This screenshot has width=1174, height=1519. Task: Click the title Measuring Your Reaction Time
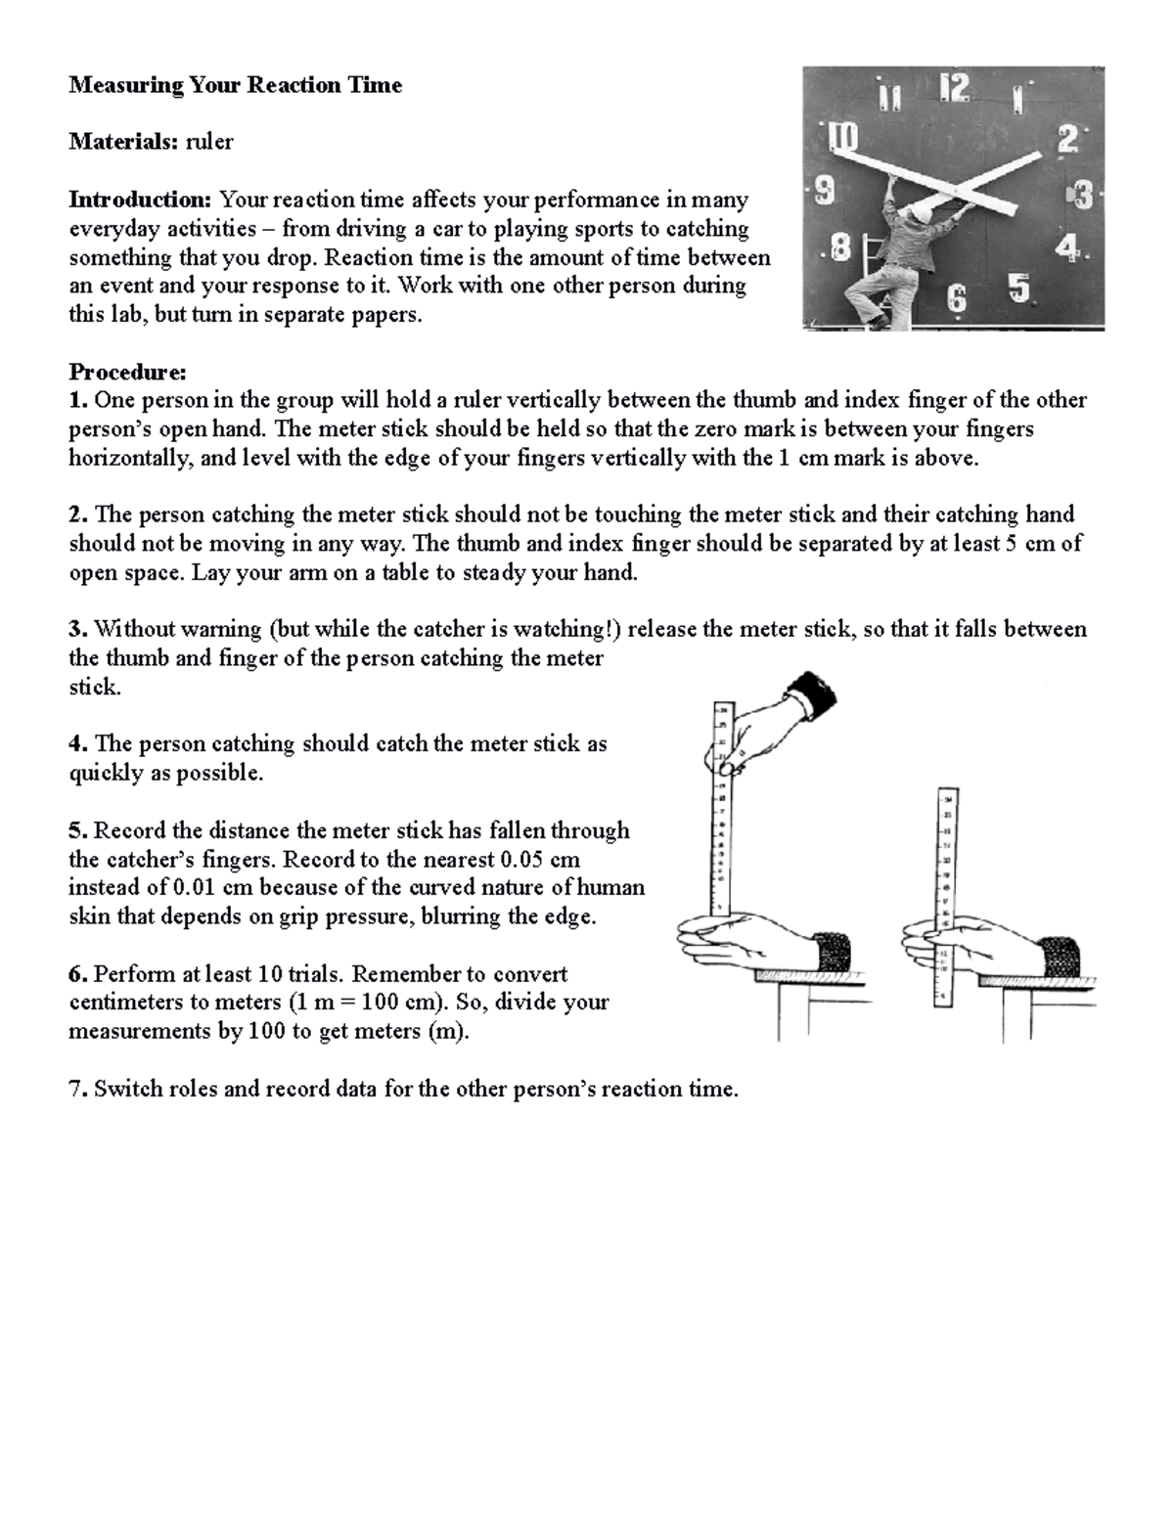[235, 85]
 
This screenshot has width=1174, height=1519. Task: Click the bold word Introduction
[140, 200]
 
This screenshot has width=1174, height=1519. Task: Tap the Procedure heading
[126, 372]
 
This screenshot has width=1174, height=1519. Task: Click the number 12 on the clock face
[954, 89]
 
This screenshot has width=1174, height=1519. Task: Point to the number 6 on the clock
[956, 299]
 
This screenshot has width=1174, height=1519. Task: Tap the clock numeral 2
[1067, 140]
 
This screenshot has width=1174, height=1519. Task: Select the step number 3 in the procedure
[76, 629]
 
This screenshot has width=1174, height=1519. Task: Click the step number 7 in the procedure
[76, 1089]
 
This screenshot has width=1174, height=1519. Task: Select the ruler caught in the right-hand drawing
[944, 895]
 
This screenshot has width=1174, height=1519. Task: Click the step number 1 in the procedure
[76, 400]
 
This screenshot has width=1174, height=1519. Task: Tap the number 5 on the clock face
[1018, 289]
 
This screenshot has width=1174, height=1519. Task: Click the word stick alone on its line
[94, 687]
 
